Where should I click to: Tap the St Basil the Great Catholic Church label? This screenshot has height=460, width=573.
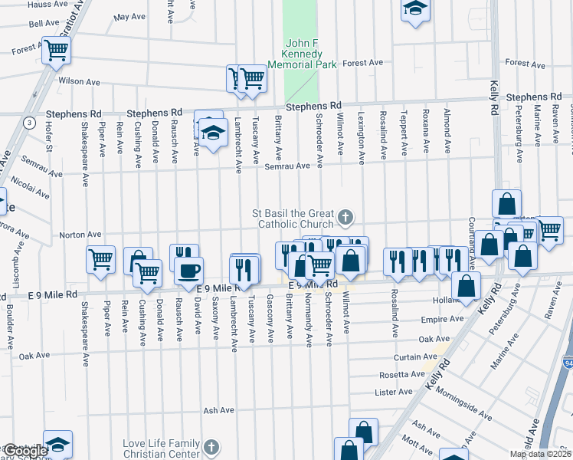click(295, 219)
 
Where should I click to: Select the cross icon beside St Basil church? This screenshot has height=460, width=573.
click(345, 219)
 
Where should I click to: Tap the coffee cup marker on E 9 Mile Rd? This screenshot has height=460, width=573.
click(188, 270)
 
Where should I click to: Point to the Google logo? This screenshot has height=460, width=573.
click(25, 451)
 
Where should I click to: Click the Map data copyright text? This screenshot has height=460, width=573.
click(540, 454)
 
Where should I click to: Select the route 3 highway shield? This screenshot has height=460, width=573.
click(28, 123)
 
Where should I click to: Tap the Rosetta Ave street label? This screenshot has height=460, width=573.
click(401, 375)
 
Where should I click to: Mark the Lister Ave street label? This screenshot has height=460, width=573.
click(394, 392)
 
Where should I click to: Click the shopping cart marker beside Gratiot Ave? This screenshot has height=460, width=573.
click(56, 51)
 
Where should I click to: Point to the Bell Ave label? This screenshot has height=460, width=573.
click(44, 24)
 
